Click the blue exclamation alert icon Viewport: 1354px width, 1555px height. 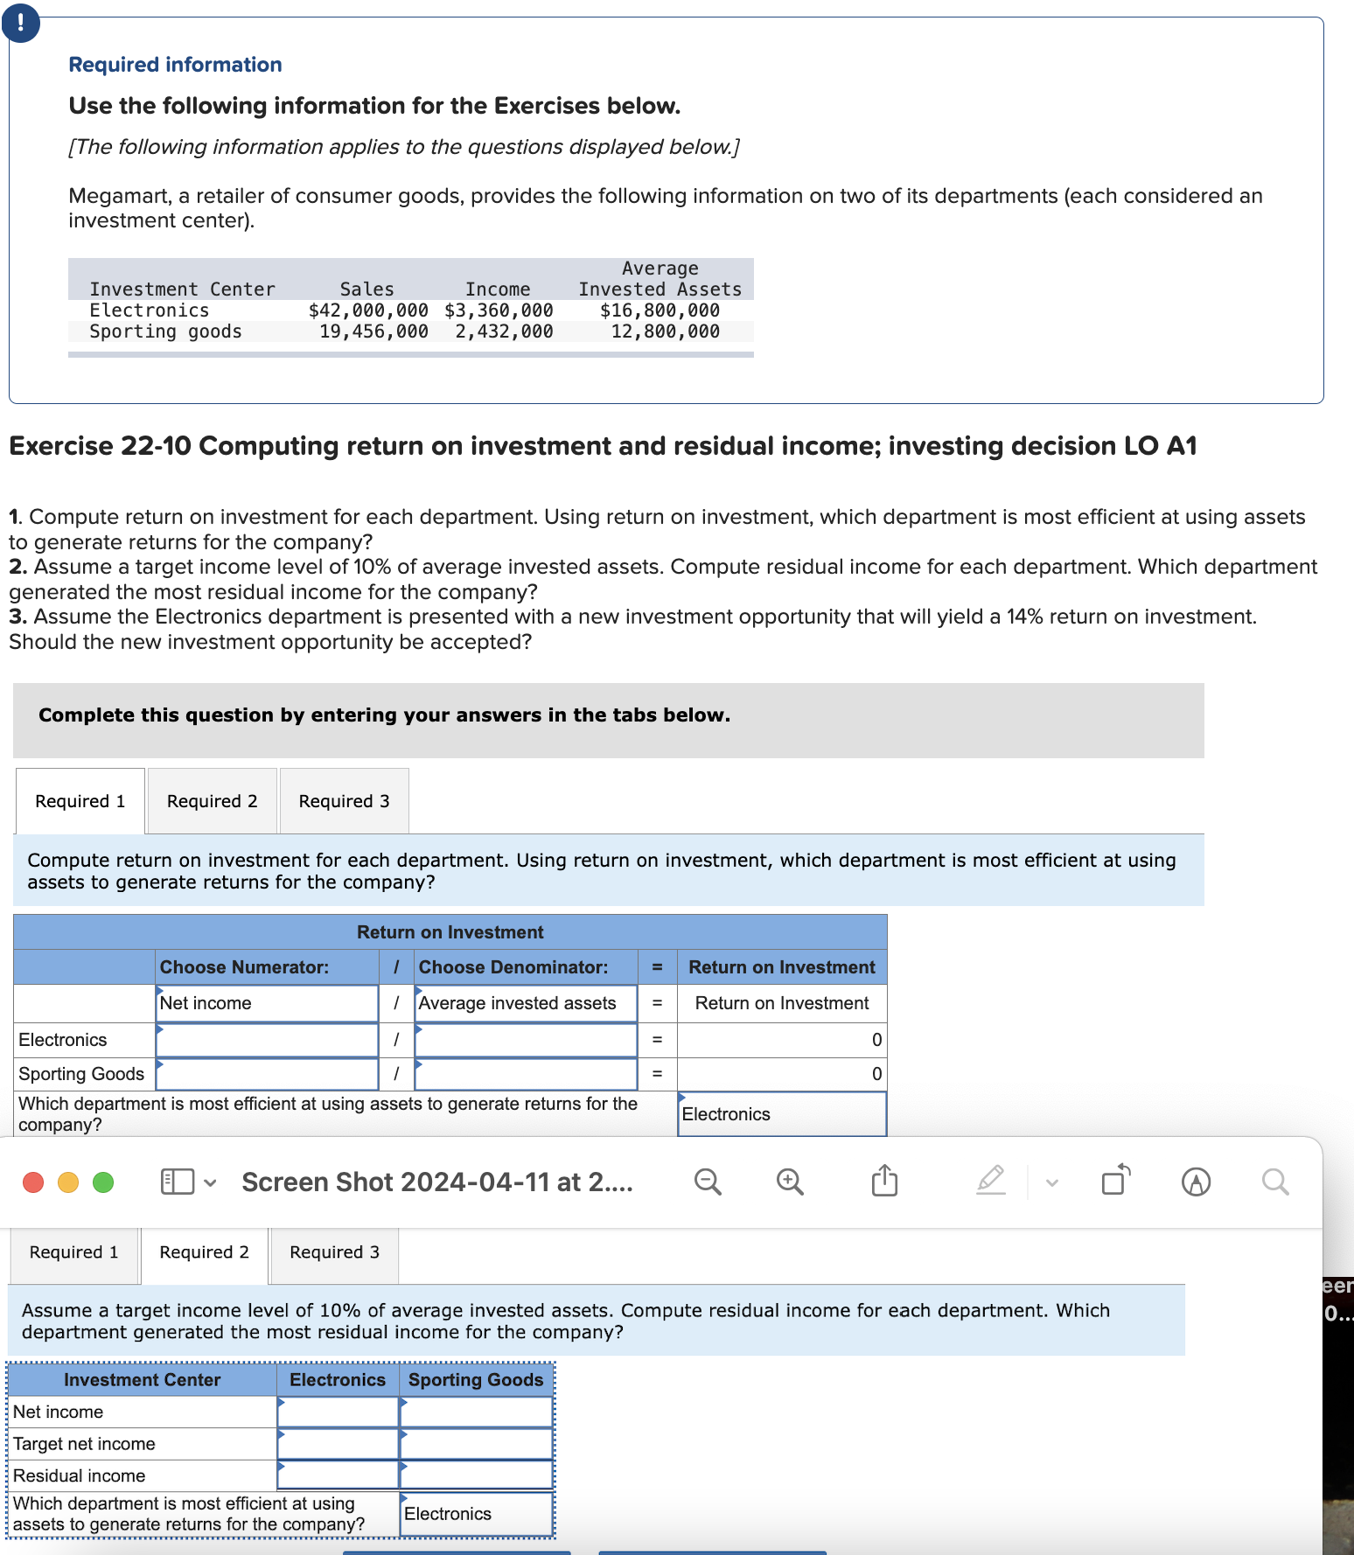(20, 23)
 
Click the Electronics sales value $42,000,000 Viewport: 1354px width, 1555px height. (368, 310)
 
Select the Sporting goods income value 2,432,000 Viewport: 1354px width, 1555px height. (504, 331)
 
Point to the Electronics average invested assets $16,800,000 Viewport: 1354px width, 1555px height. (660, 310)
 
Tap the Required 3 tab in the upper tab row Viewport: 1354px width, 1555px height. (344, 801)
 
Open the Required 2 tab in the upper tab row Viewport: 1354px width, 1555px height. (213, 801)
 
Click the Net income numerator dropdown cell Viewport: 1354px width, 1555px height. (267, 1003)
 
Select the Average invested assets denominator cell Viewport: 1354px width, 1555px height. (526, 1003)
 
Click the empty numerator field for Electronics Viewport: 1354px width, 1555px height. (267, 1040)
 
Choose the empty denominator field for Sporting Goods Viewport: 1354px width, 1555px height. (526, 1074)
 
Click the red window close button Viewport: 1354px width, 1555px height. (33, 1182)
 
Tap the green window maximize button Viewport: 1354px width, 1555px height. (103, 1182)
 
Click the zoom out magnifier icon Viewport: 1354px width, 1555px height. (708, 1182)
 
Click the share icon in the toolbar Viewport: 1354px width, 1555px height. (884, 1182)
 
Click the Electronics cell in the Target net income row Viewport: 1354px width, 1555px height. (338, 1444)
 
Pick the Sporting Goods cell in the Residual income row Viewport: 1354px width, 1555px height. (477, 1475)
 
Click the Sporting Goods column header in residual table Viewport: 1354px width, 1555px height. (477, 1379)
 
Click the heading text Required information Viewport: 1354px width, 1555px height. (175, 65)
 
